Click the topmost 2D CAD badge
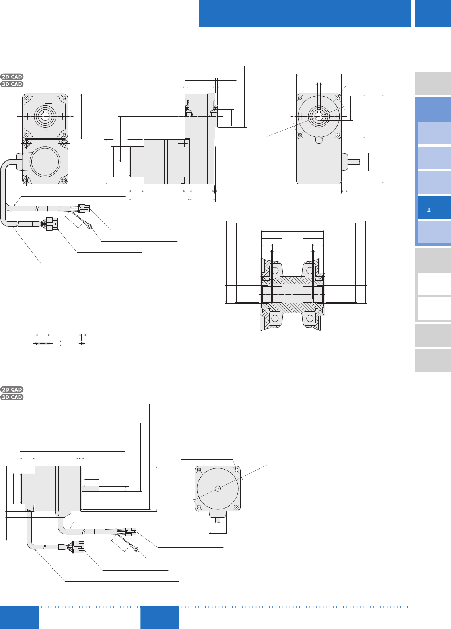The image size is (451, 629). tap(12, 76)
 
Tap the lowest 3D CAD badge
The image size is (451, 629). tap(12, 397)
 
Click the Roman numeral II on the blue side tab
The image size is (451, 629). tap(429, 210)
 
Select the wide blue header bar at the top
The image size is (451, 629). tap(305, 14)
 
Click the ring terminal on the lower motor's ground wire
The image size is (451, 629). tap(136, 549)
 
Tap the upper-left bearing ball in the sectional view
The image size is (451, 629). tap(275, 270)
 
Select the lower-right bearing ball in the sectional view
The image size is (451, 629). tap(310, 318)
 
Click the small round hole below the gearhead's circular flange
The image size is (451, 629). tap(319, 140)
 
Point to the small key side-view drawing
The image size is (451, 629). tap(43, 343)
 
